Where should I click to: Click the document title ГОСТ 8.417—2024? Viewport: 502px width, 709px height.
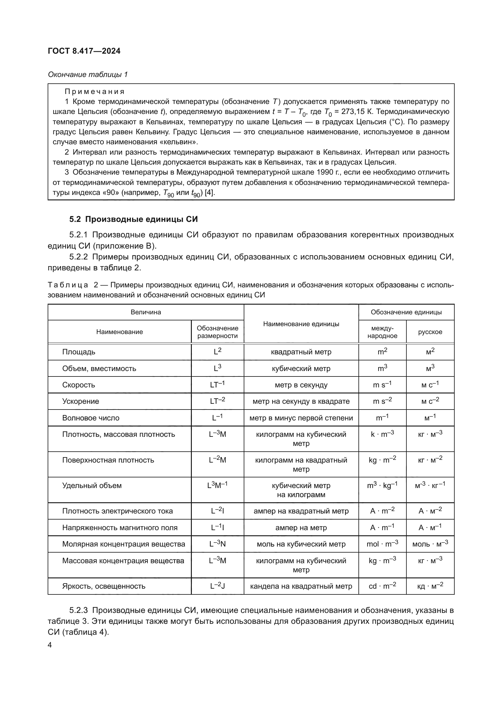84,51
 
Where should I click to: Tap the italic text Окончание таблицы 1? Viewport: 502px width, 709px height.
88,75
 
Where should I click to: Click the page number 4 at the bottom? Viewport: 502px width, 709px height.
50,645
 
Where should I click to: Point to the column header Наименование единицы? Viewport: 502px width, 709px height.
301,324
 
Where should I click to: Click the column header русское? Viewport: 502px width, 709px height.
430,332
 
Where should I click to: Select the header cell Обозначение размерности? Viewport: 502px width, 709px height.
217,332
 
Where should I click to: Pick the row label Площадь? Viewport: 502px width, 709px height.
79,352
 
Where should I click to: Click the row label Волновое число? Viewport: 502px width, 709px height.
90,418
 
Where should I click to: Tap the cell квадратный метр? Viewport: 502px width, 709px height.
301,352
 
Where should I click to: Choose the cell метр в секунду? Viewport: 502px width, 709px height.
301,385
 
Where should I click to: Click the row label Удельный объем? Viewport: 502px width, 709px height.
92,486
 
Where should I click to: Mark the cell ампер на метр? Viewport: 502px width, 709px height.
301,528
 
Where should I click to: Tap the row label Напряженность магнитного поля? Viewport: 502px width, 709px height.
120,528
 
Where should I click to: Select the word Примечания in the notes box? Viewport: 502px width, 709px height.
94,92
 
